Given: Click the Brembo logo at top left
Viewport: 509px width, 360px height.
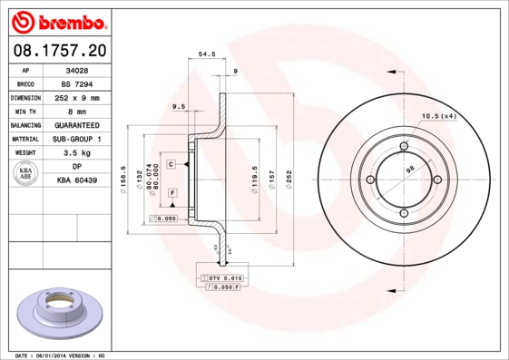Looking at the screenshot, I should pyautogui.click(x=59, y=20).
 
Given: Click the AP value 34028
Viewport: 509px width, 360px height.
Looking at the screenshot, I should pyautogui.click(x=77, y=68).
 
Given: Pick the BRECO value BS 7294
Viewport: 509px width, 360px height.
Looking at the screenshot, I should pyautogui.click(x=77, y=83).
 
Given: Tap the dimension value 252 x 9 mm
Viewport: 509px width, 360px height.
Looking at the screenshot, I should pyautogui.click(x=77, y=96).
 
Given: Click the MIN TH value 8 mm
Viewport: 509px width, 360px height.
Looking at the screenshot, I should pyautogui.click(x=77, y=110).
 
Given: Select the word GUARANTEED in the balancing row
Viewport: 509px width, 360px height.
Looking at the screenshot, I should pyautogui.click(x=77, y=124).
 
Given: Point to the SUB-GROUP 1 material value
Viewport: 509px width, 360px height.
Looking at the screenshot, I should pyautogui.click(x=77, y=139).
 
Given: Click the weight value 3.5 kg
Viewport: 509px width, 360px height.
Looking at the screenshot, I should pyautogui.click(x=77, y=153).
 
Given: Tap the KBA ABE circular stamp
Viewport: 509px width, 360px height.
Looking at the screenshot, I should pyautogui.click(x=25, y=174).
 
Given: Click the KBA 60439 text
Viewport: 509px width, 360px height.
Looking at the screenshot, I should pyautogui.click(x=77, y=180).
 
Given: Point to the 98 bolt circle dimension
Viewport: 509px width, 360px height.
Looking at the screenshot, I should pyautogui.click(x=409, y=170).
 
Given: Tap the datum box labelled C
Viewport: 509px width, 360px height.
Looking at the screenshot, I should pyautogui.click(x=171, y=163).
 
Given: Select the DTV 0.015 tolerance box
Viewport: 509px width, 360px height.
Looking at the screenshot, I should pyautogui.click(x=221, y=277).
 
